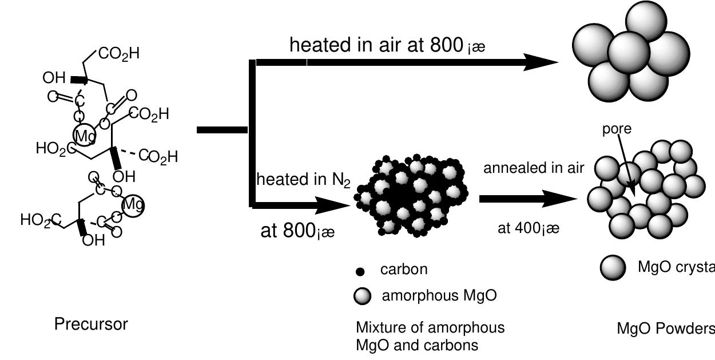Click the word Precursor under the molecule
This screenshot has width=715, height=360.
point(91,325)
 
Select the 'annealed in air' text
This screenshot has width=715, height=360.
point(534,168)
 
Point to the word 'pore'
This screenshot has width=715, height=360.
point(617,129)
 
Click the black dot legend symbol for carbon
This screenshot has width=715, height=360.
point(361,271)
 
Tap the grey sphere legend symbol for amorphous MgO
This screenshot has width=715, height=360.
point(363,296)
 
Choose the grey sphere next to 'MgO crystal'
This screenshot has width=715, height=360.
point(613,267)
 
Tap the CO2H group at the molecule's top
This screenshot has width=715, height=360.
point(118,54)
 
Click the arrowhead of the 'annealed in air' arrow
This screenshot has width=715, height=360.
point(563,199)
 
